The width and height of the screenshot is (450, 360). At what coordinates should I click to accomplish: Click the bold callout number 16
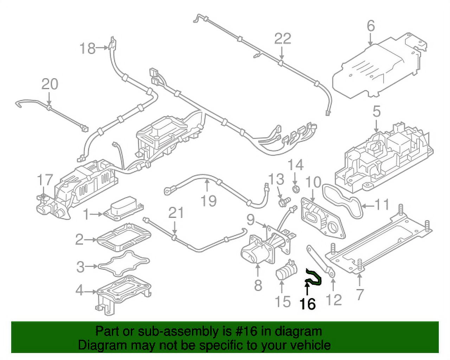[308, 304]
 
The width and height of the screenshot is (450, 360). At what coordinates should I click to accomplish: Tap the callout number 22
[283, 38]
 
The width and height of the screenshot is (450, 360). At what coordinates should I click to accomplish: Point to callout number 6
[371, 26]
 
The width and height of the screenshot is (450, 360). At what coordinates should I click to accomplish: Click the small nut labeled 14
[296, 189]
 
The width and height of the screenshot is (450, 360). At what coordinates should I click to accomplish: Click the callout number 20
[50, 84]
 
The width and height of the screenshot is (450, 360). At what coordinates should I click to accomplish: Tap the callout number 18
[88, 48]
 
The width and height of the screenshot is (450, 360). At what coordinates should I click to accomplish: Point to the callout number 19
[208, 201]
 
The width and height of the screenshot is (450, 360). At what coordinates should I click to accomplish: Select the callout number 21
[176, 213]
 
